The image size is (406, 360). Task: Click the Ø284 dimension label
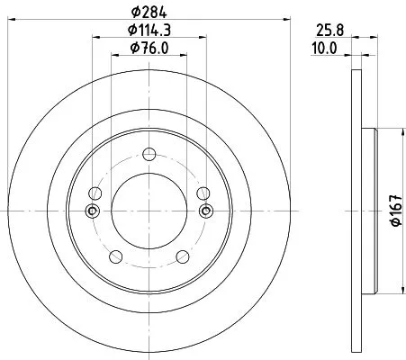point(149,12)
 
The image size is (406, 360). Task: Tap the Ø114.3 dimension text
point(149,30)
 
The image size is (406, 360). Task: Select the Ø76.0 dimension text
point(149,48)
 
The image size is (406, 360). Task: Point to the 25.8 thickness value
point(329,31)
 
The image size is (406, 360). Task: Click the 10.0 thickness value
point(324,49)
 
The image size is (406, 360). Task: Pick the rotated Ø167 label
point(396,210)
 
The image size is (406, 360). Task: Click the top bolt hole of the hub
point(149,154)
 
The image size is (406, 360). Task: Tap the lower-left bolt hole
point(116,256)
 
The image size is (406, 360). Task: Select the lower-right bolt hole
point(183,256)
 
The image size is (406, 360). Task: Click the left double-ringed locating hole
point(93,211)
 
